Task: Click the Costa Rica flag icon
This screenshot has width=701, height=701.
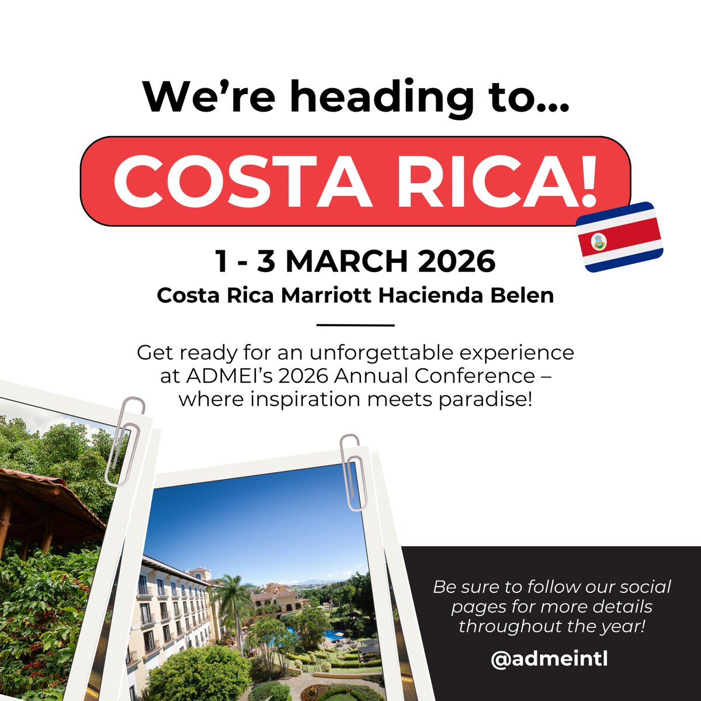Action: pyautogui.click(x=620, y=237)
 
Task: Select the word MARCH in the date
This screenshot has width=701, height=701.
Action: pyautogui.click(x=345, y=261)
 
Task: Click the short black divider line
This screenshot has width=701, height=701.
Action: pyautogui.click(x=355, y=325)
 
